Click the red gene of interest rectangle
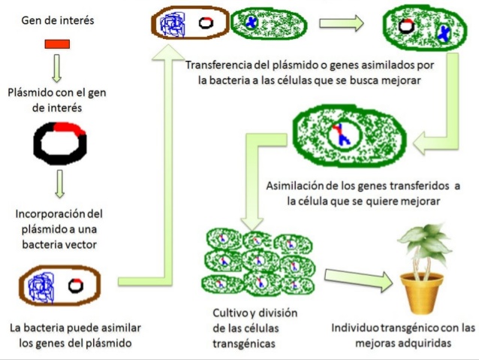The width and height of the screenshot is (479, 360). tap(57, 44)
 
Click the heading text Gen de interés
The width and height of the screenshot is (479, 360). tap(59, 20)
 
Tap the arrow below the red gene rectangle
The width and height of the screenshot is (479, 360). tap(57, 69)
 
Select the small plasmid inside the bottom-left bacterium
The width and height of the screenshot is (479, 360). tap(75, 286)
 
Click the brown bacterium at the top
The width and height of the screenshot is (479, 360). tap(188, 23)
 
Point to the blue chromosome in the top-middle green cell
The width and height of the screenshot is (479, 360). tap(252, 23)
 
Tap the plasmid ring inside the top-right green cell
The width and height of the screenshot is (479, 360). tap(405, 27)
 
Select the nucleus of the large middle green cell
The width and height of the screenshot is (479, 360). tap(342, 135)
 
